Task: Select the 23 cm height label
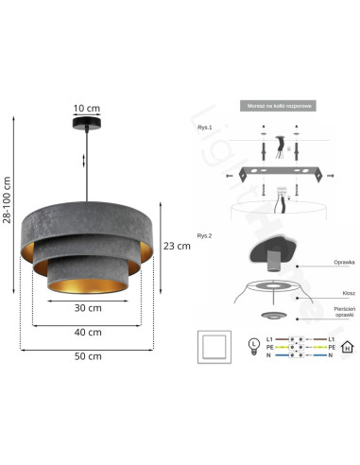(x=176, y=246)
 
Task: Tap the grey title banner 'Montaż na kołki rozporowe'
(x=277, y=107)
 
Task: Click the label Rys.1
(x=204, y=127)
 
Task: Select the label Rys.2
(x=204, y=235)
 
